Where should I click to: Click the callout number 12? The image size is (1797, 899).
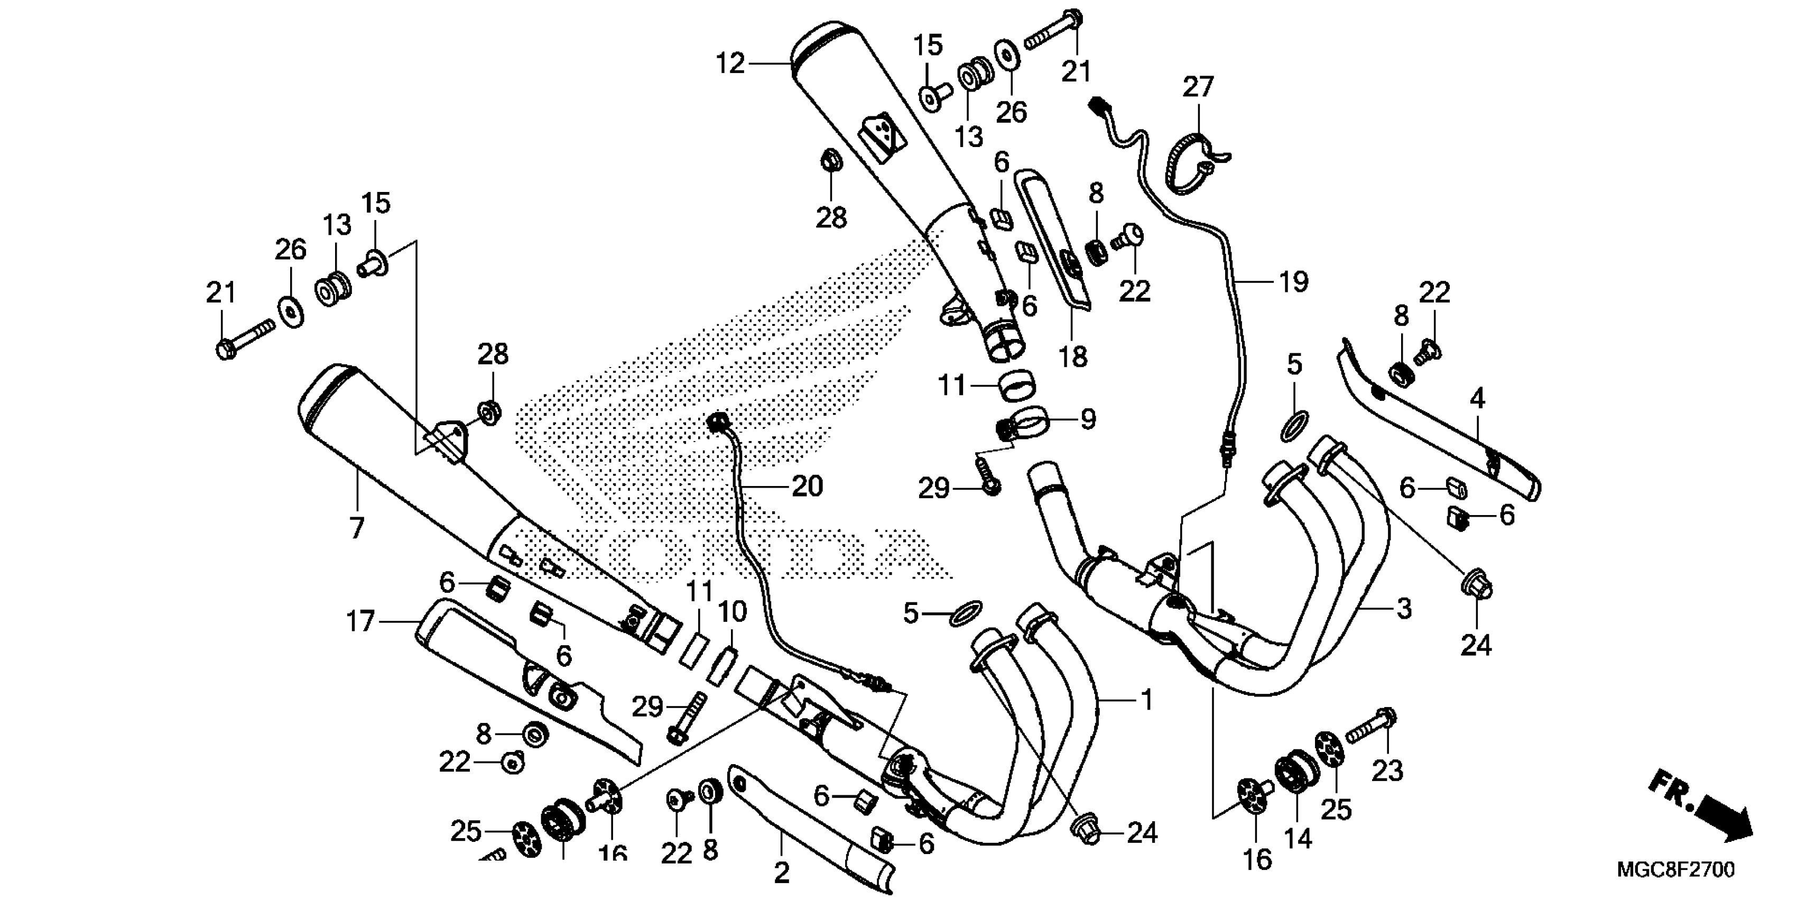point(730,64)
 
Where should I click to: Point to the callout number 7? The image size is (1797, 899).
point(356,528)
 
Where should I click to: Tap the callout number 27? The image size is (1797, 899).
point(1198,88)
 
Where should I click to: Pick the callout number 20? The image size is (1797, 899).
point(807,486)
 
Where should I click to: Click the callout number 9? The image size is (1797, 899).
point(1088,419)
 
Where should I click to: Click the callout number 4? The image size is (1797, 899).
point(1477,399)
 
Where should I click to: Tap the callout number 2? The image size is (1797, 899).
point(781,873)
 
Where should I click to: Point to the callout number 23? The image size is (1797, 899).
point(1387,771)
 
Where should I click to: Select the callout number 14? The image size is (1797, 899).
point(1298,838)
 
